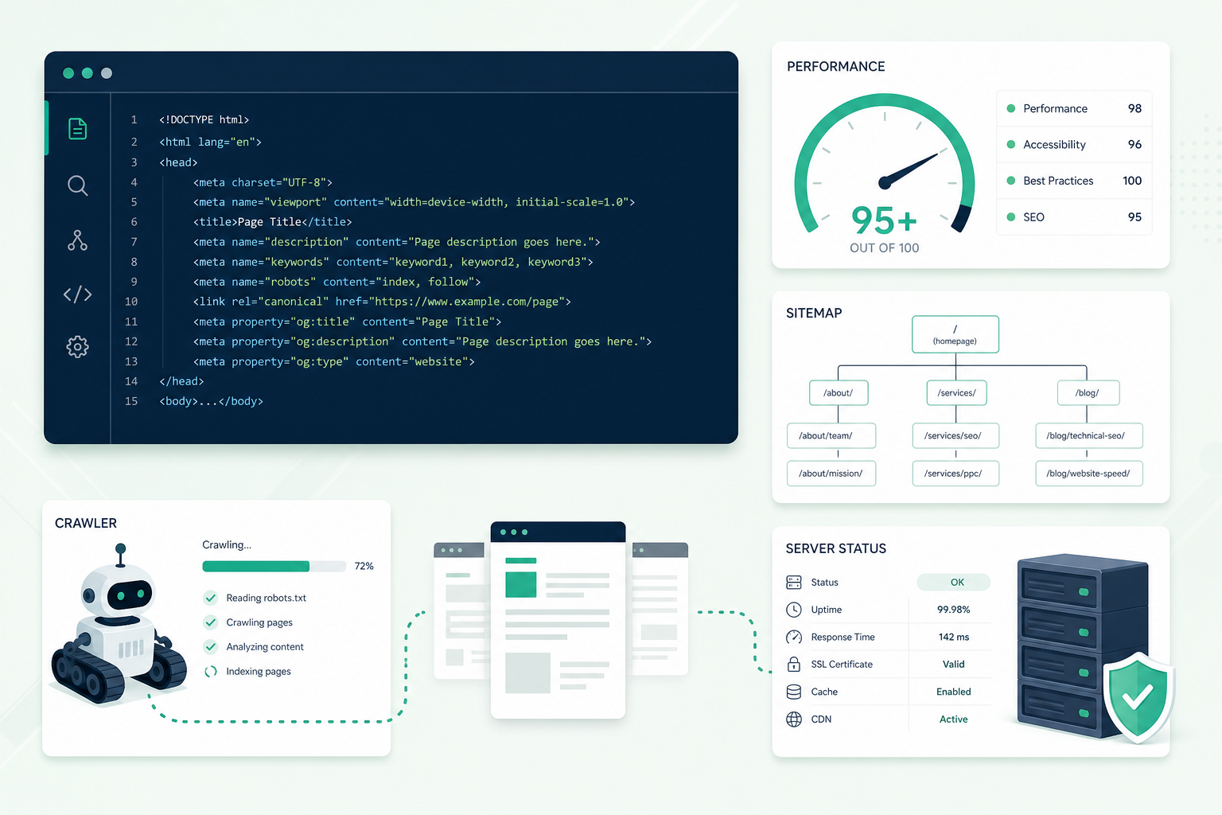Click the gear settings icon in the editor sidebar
[x=77, y=347]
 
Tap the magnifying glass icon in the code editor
[x=77, y=185]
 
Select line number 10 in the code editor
[x=131, y=302]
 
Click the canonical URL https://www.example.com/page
[x=466, y=302]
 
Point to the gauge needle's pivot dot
[x=885, y=183]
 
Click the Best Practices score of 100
[x=1132, y=181]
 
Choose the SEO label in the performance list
[x=1033, y=217]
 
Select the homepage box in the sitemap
[x=955, y=334]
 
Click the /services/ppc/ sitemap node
[x=955, y=474]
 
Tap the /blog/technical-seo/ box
[x=1089, y=435]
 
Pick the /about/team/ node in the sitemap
[x=831, y=435]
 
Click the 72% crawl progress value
[x=364, y=566]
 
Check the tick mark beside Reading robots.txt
[x=210, y=598]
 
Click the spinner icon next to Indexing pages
[x=211, y=672]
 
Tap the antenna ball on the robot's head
[x=121, y=548]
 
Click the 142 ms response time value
[x=954, y=637]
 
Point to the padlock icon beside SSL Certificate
[x=794, y=664]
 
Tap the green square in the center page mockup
[x=520, y=584]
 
